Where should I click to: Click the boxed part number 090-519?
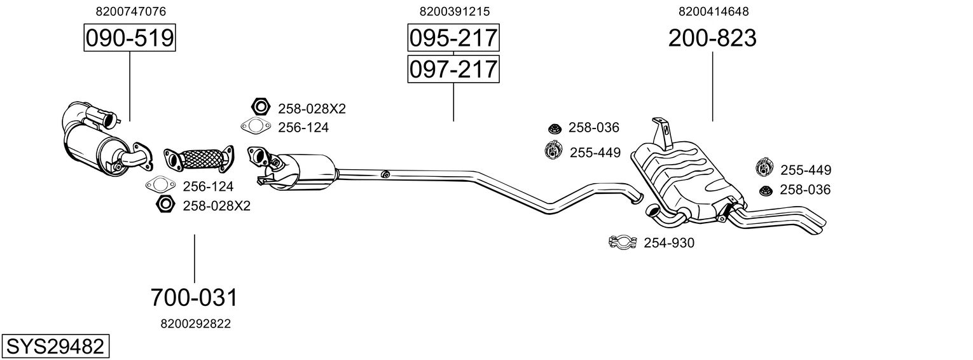click(130, 38)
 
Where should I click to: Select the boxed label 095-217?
click(453, 38)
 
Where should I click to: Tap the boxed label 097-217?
click(453, 69)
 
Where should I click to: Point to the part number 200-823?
click(712, 38)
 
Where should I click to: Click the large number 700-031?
click(194, 297)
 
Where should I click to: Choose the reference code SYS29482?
click(54, 347)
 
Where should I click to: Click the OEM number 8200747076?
click(131, 11)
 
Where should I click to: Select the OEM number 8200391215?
click(455, 11)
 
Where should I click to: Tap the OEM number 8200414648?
click(714, 11)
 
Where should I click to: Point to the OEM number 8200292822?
click(195, 324)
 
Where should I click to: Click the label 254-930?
click(669, 243)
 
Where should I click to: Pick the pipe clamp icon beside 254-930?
click(623, 242)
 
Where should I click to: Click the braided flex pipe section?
click(202, 158)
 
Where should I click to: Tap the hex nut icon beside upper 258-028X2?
click(259, 106)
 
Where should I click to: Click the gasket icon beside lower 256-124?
click(160, 186)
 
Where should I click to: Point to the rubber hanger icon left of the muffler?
click(555, 151)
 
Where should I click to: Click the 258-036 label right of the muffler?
click(805, 190)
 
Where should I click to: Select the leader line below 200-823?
click(712, 86)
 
